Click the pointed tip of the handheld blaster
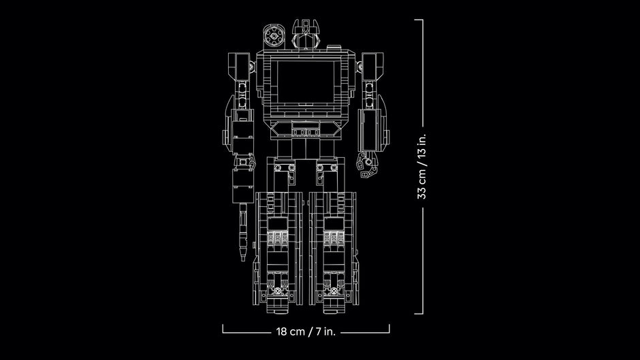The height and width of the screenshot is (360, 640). pos(241,261)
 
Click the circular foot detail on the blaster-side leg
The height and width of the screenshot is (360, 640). pos(278,289)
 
